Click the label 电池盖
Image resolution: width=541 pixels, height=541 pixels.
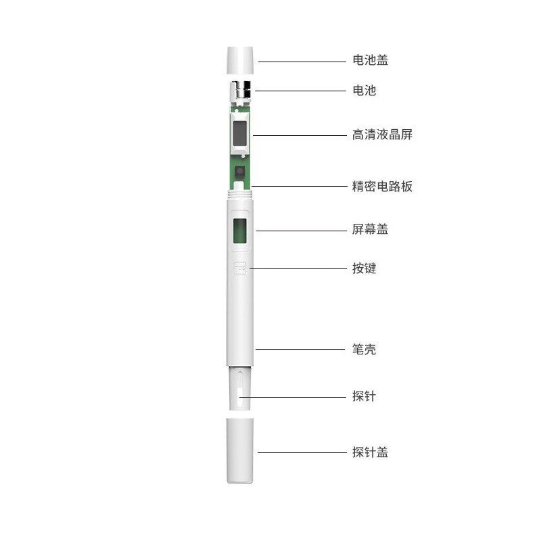point(370,60)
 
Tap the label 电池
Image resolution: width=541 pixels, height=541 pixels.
point(364,91)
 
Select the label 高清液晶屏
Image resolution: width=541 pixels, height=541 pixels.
point(382,135)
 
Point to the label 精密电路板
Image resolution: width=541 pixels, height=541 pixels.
point(382,187)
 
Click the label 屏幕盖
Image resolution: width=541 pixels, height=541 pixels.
point(370,229)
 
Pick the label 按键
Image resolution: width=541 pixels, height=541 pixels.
point(364,268)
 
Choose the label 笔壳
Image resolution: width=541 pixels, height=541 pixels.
point(364,349)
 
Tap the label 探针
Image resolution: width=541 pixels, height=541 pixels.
point(364,396)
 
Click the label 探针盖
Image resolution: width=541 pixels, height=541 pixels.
point(370,452)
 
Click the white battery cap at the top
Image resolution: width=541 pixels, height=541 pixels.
point(240,60)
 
